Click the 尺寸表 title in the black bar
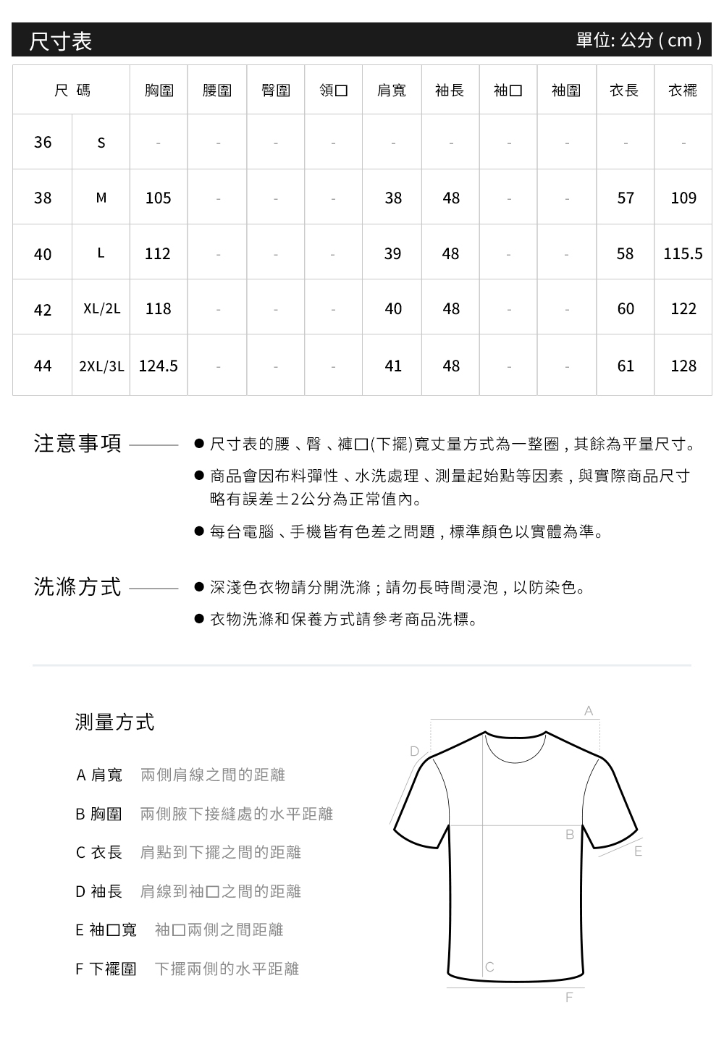[61, 41]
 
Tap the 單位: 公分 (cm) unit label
[639, 40]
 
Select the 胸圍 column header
[159, 90]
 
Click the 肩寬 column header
[392, 90]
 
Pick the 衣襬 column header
[683, 90]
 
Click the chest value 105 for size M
[158, 198]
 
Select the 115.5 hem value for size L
[683, 253]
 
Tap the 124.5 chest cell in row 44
[158, 366]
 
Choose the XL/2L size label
[101, 309]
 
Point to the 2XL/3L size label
[101, 366]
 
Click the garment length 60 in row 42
[626, 309]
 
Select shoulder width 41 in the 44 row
[392, 366]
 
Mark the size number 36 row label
[43, 142]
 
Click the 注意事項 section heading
[78, 443]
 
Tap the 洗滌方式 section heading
[78, 586]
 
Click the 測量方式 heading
[114, 722]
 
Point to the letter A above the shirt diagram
[589, 711]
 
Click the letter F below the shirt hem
[568, 998]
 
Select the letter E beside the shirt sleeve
[638, 851]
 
